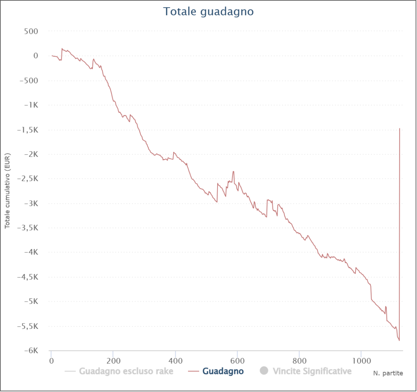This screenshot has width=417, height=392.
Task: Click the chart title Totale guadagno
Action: coord(208,11)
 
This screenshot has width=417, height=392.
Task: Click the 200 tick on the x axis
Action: coord(113,361)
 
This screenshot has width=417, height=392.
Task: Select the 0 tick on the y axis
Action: coord(36,56)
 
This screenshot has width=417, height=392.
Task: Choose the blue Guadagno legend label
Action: coord(223,371)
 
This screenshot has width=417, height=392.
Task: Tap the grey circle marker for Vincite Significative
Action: coord(264,371)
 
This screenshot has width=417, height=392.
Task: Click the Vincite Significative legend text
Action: coord(312,371)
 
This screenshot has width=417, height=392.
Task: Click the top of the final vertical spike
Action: coord(400,129)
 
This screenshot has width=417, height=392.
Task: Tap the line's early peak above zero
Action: coord(62,49)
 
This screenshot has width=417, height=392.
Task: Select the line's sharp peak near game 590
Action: coord(233,171)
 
